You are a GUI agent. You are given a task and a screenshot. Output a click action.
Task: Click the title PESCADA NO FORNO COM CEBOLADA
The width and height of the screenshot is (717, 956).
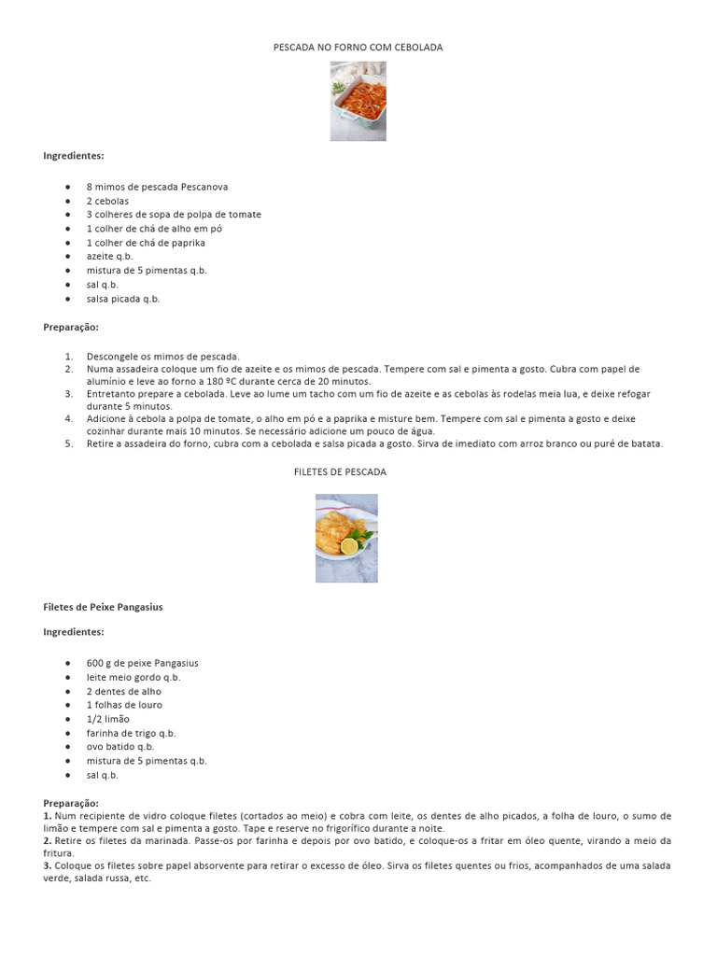tap(358, 47)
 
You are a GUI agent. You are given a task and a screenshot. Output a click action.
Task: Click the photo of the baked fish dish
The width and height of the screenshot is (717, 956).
tap(358, 101)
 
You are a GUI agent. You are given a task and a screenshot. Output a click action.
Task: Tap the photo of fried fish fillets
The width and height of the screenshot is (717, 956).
tap(346, 538)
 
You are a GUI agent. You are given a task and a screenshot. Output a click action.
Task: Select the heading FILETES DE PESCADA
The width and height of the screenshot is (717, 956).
tap(340, 472)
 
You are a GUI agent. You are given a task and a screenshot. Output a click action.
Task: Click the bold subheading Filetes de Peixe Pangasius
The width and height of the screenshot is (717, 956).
tap(103, 607)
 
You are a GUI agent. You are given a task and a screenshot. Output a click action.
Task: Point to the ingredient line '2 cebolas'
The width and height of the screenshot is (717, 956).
tap(107, 201)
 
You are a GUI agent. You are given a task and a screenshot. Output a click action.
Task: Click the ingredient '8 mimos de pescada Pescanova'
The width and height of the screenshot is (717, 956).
tap(157, 187)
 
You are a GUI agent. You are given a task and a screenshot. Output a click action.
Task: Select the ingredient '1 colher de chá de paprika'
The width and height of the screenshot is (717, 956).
tap(146, 243)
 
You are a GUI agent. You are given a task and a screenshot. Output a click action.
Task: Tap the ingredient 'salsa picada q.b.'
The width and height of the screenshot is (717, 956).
tap(123, 299)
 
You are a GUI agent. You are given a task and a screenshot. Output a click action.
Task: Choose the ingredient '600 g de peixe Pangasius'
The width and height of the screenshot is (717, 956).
tap(142, 663)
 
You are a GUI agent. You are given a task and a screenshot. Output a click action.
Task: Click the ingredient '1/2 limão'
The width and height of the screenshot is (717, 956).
tap(108, 719)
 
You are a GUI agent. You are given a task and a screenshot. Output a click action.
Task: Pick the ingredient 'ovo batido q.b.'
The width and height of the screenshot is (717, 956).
tap(120, 747)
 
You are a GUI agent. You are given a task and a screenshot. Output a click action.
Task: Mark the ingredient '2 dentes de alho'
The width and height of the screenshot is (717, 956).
tap(124, 691)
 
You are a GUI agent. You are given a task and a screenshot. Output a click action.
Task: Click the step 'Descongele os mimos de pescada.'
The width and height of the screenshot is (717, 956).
tap(163, 356)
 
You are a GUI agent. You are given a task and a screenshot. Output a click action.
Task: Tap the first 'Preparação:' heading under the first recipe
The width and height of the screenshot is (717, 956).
tap(71, 328)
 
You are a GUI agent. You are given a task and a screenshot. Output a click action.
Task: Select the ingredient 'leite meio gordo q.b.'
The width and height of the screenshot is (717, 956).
tap(134, 677)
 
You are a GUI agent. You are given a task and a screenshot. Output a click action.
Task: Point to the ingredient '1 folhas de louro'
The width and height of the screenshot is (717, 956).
tap(124, 705)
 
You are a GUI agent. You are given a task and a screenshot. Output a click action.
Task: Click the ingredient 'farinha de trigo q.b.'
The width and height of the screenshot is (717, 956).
tap(131, 733)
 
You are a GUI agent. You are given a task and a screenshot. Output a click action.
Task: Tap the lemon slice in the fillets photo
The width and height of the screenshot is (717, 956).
tap(350, 546)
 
